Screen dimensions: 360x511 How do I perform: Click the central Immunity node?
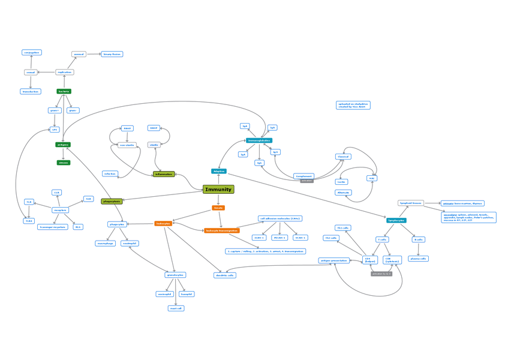point(218,190)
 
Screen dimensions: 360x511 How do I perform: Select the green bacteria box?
point(64,91)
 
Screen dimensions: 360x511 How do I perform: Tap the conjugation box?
point(31,53)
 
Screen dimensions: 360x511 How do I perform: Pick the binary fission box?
point(112,54)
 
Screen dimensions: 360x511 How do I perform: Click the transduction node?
point(30,92)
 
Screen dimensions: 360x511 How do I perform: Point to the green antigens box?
point(63,145)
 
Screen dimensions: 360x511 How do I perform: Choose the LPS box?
point(54,129)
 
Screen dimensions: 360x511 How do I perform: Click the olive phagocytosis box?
point(112,202)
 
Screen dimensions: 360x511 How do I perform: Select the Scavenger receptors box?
point(52,227)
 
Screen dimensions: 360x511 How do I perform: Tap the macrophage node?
point(105,244)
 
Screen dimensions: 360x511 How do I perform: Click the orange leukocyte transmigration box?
point(221,230)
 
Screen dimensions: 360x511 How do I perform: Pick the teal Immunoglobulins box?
point(259,140)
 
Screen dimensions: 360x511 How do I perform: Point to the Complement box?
point(304,176)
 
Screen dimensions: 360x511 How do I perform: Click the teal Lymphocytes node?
point(396,221)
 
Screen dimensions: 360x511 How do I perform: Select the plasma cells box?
point(417,259)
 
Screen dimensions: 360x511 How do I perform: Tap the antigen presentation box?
point(334,260)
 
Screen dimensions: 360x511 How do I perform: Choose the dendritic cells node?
point(225,275)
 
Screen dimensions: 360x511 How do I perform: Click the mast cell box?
point(176,308)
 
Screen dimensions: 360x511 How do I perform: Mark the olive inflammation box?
point(164,174)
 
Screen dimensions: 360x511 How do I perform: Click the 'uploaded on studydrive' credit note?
point(353,105)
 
